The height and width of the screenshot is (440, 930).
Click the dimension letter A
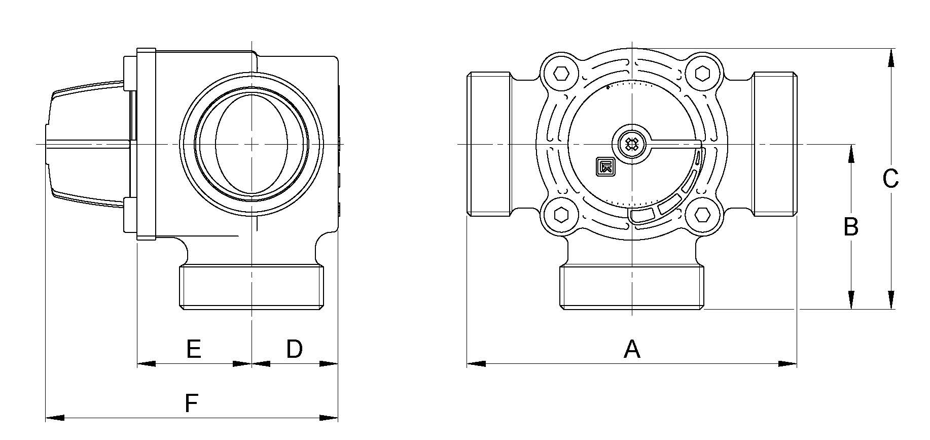tap(632, 349)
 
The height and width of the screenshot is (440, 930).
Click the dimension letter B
tap(851, 227)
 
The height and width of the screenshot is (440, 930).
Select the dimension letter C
tap(890, 179)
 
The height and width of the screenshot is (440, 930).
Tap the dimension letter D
tap(295, 349)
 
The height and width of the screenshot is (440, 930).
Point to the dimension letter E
tap(194, 349)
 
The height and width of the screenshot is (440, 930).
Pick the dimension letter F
tap(191, 403)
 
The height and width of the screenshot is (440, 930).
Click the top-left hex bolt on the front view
tap(560, 74)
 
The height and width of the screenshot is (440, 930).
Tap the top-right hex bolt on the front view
tap(702, 74)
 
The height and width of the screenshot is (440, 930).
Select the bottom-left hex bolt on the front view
tap(560, 215)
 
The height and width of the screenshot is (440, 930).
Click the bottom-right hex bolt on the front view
tap(702, 215)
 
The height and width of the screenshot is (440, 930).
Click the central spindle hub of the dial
tap(632, 145)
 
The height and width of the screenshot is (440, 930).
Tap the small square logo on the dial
tap(606, 166)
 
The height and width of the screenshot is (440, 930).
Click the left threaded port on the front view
tap(488, 145)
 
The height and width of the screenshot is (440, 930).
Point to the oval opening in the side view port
tap(252, 144)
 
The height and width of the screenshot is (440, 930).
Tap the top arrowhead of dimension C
tap(891, 57)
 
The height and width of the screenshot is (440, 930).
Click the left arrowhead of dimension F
tap(55, 418)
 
